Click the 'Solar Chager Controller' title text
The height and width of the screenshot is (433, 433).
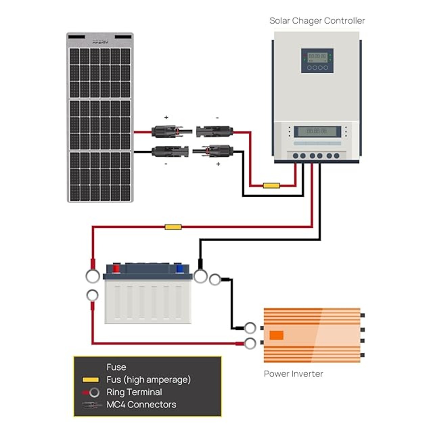(317, 21)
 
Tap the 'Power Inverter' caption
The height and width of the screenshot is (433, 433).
(293, 374)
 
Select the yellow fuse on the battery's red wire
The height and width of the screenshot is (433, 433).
(173, 227)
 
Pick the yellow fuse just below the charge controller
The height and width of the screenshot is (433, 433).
(271, 185)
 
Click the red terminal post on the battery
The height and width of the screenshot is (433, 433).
(116, 269)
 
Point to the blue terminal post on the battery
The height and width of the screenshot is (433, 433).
(180, 269)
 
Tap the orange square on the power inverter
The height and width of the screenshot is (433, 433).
(276, 335)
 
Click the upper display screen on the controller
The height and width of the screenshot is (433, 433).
(317, 56)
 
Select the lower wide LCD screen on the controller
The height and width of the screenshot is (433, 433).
(317, 131)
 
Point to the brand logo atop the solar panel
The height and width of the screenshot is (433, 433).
(100, 42)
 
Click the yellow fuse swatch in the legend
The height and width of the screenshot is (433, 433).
(91, 380)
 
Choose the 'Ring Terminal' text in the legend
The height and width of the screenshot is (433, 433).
(134, 392)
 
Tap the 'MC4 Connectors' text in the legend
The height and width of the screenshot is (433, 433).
(141, 405)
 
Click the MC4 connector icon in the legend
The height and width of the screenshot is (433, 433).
(92, 405)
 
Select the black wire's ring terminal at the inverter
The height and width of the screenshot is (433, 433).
(250, 328)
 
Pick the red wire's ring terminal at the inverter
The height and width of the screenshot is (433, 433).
(250, 344)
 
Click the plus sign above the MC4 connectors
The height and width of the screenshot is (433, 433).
(166, 117)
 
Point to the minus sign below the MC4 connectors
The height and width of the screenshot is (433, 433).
(166, 164)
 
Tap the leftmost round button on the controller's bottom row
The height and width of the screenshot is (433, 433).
(296, 156)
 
